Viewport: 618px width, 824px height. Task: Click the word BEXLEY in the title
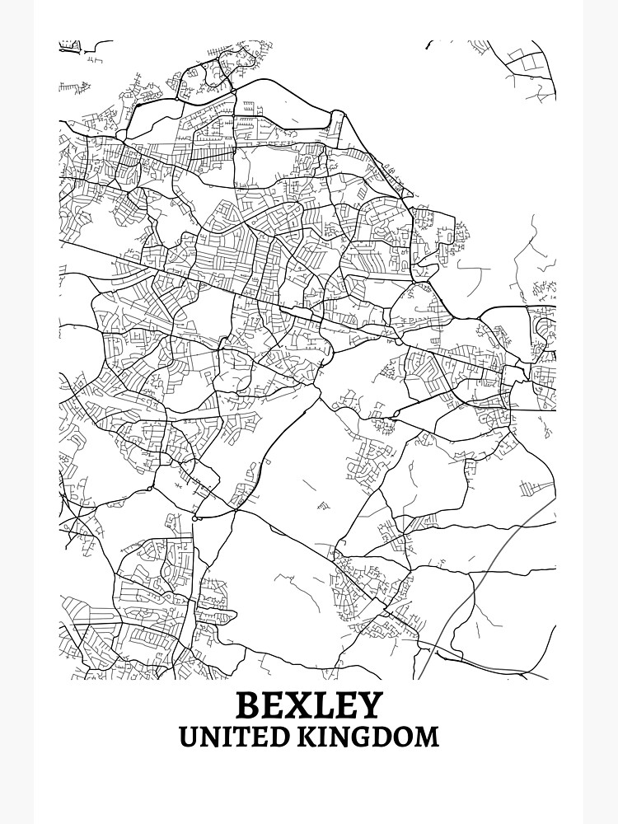click(309, 705)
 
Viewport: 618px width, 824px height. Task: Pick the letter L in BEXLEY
click(321, 705)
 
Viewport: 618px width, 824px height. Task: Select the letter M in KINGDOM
click(426, 736)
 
